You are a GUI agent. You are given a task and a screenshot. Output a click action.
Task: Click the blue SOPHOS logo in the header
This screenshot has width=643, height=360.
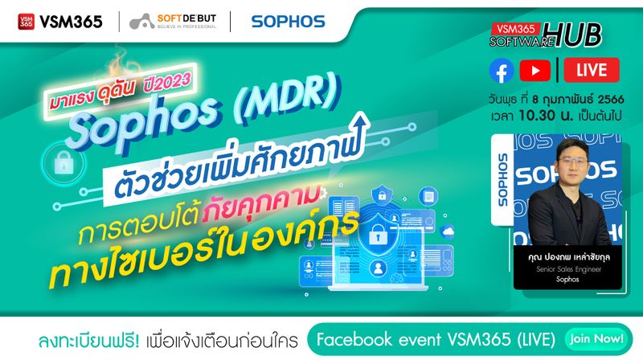coord(288,22)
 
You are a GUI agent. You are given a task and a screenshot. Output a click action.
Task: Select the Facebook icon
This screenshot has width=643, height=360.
coord(502,72)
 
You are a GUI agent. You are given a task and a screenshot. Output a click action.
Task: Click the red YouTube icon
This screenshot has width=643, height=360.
coord(535,72)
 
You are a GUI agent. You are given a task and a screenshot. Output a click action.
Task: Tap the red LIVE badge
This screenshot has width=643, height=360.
coord(592,72)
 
